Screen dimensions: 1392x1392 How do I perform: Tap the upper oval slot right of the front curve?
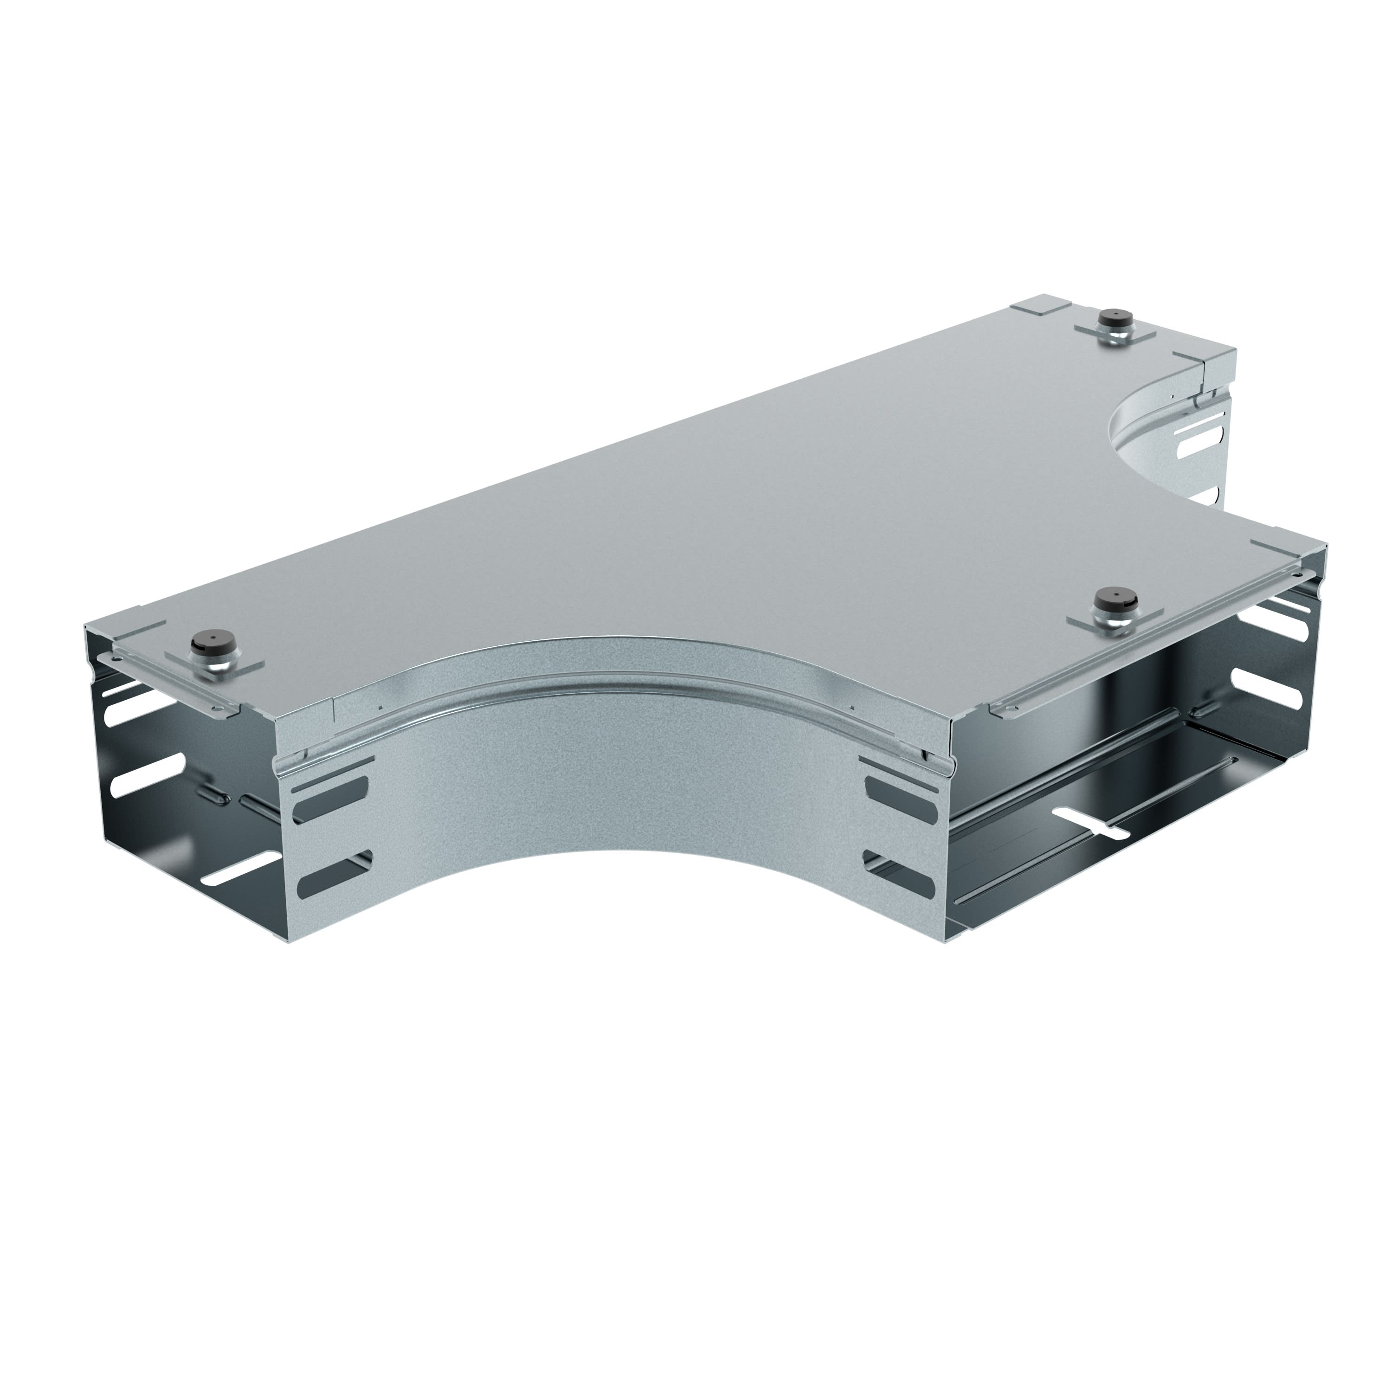click(901, 787)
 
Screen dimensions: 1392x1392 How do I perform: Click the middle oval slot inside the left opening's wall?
click(144, 775)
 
